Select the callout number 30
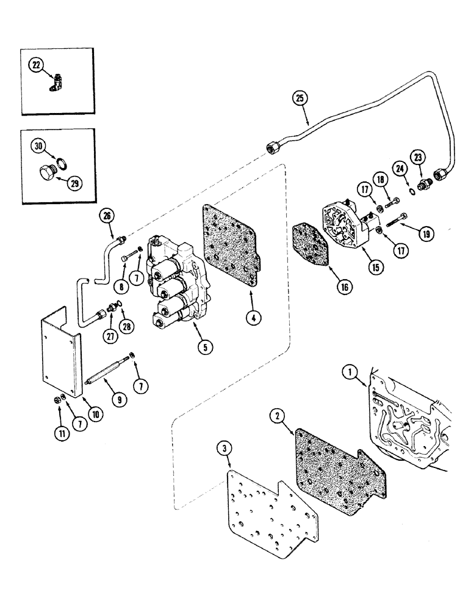tap(38, 147)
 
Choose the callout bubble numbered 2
tap(278, 417)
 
